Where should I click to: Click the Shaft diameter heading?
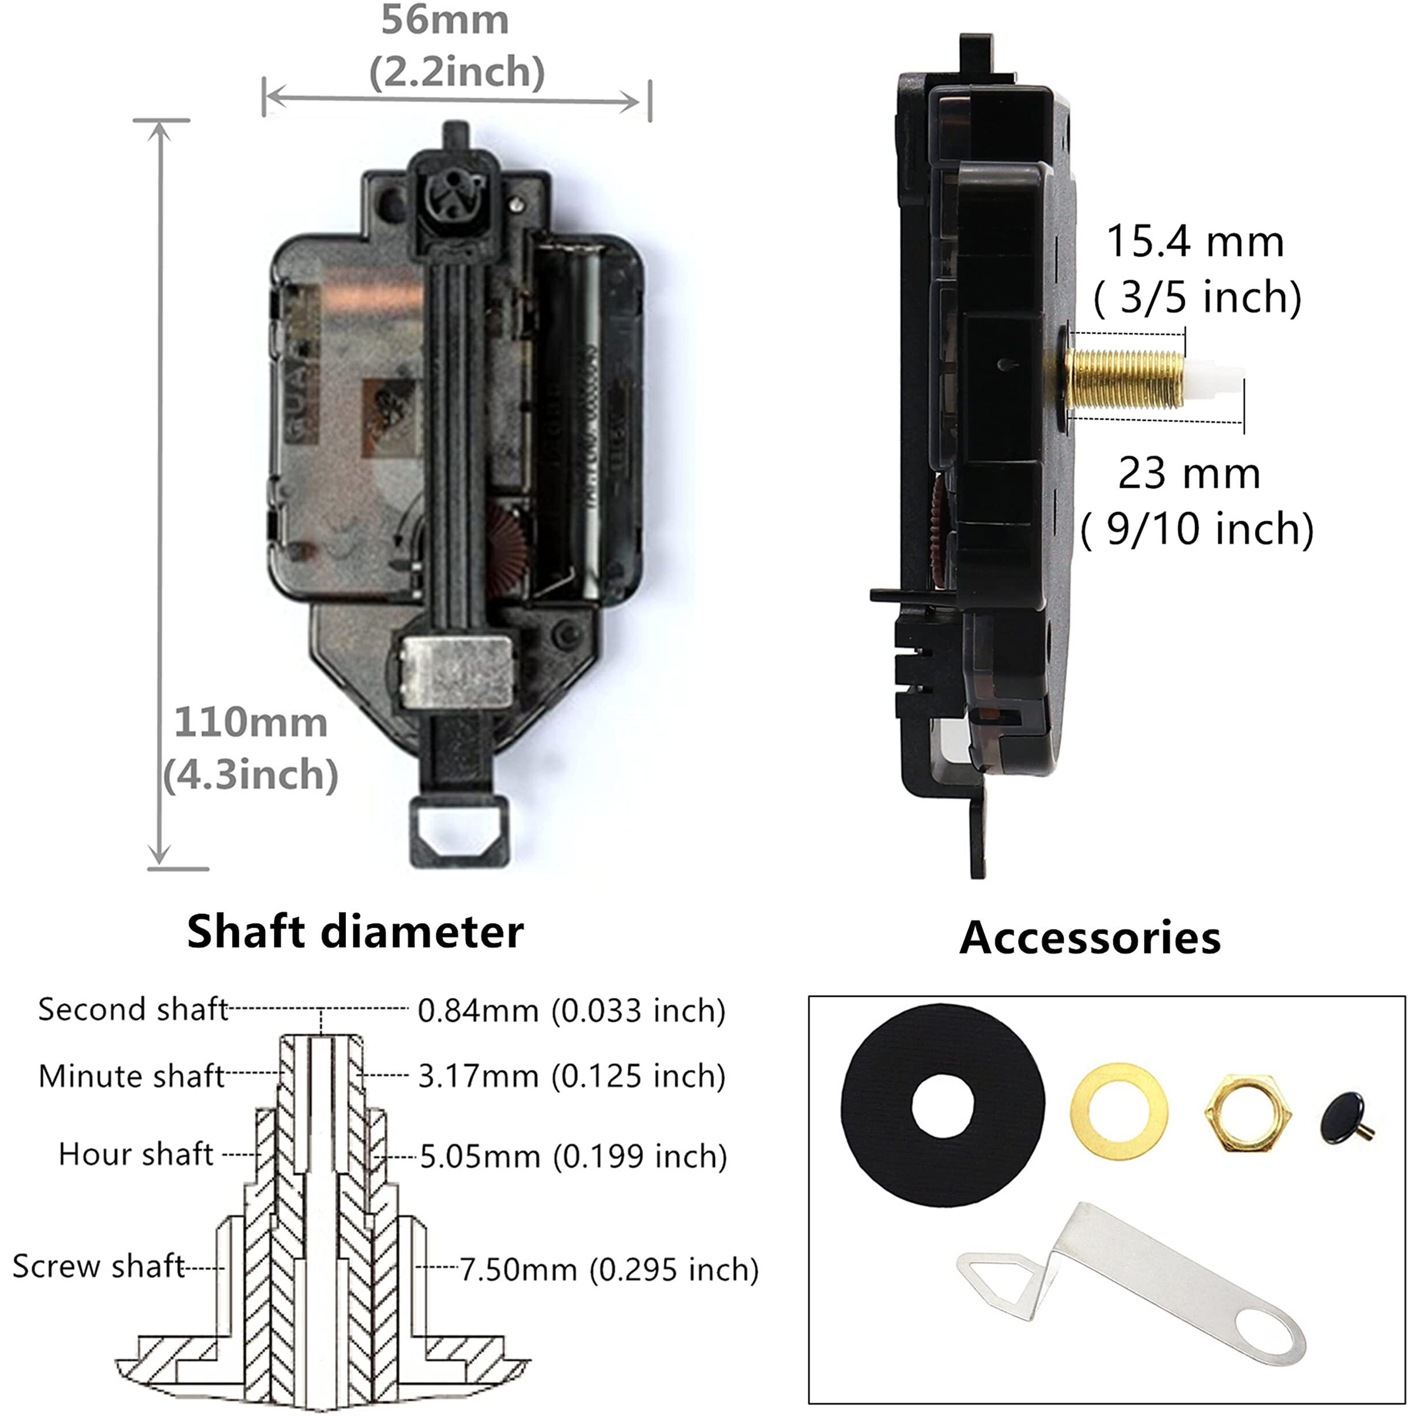click(356, 932)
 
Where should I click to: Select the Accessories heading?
click(1090, 937)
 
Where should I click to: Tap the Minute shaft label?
click(131, 1076)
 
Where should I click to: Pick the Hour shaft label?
click(135, 1154)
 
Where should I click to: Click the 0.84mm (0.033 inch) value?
click(571, 1011)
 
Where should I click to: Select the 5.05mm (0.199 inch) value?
click(573, 1157)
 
